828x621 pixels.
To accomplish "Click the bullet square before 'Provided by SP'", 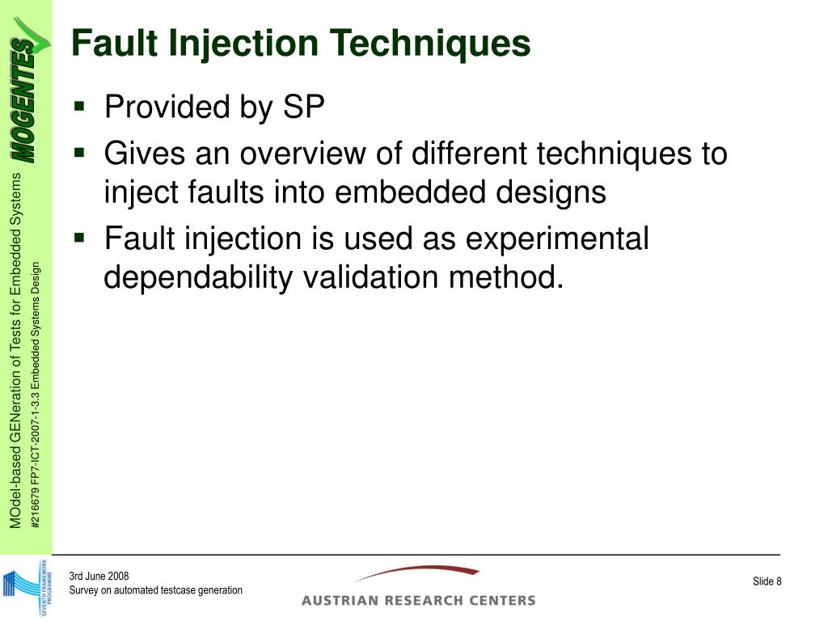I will [x=79, y=105].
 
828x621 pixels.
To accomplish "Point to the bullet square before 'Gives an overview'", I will [x=79, y=151].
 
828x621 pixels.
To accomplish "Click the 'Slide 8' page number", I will [x=767, y=582].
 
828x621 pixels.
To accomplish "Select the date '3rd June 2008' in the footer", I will [x=99, y=576].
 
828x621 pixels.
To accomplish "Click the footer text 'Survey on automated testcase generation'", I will [x=155, y=590].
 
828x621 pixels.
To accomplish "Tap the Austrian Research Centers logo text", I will [x=418, y=599].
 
